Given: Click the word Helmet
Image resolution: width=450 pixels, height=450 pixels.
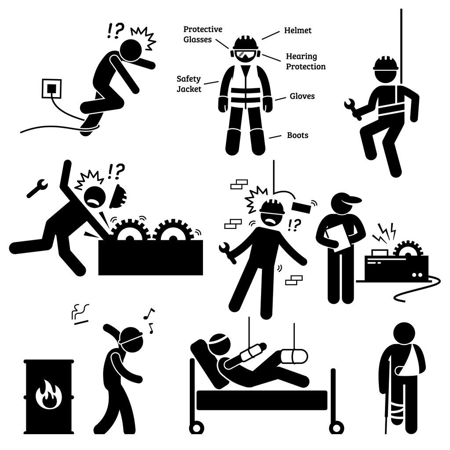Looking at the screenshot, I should tap(298, 30).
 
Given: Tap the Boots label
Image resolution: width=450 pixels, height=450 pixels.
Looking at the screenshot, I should tap(298, 135).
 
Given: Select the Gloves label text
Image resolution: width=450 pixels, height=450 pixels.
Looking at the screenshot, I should tap(302, 96).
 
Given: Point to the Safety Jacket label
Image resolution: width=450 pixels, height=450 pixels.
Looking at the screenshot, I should tap(189, 84).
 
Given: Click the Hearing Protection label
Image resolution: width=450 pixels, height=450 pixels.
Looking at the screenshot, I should tap(305, 62).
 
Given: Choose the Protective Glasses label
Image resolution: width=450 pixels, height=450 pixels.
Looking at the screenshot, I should tap(203, 34).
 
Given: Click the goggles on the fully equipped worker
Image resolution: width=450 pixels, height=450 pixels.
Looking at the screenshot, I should tap(245, 55).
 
